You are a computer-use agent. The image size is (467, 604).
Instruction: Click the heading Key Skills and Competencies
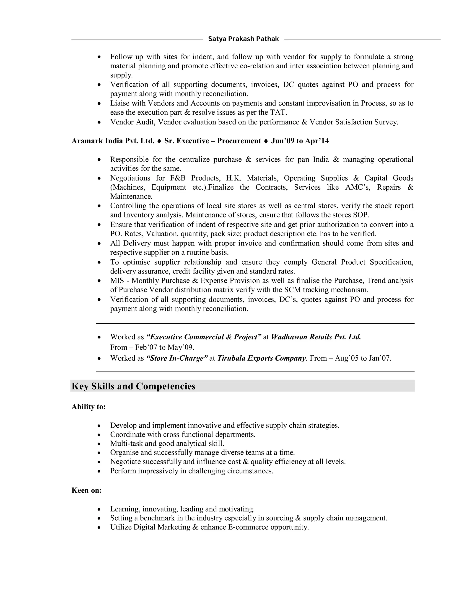(x=133, y=386)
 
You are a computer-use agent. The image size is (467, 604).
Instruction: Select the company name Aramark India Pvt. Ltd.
(x=113, y=141)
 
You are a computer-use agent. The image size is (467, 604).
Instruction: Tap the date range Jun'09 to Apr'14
(x=300, y=141)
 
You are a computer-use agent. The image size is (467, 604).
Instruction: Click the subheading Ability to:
(x=88, y=407)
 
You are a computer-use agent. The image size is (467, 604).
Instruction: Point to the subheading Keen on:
(x=87, y=490)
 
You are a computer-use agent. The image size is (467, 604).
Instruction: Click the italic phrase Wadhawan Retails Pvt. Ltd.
(x=316, y=337)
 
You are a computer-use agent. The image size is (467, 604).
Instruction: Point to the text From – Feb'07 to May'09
(x=152, y=347)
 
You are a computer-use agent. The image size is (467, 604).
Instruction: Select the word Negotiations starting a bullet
(x=130, y=178)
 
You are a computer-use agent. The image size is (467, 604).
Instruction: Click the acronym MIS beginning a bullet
(x=117, y=281)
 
